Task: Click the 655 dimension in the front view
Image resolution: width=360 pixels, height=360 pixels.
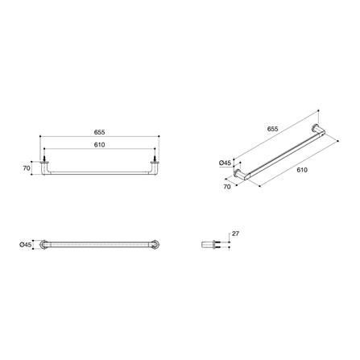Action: pos(99,132)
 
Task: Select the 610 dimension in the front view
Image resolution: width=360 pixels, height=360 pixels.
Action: pos(99,145)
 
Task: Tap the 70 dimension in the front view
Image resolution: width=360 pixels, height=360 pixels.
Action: pos(27,168)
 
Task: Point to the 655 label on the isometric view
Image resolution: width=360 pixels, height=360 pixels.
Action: pos(272,129)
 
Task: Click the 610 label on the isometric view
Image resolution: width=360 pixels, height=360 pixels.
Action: pos(302,170)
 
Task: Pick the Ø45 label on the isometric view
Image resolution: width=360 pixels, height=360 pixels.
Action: pos(225,163)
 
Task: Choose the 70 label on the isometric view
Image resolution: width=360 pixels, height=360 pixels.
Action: pos(227,187)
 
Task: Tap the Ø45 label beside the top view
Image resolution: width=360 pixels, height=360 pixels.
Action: pos(26,245)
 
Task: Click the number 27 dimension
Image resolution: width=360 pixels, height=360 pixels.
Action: pos(235,234)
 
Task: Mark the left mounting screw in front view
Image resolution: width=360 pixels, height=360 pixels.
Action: pos(44,158)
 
